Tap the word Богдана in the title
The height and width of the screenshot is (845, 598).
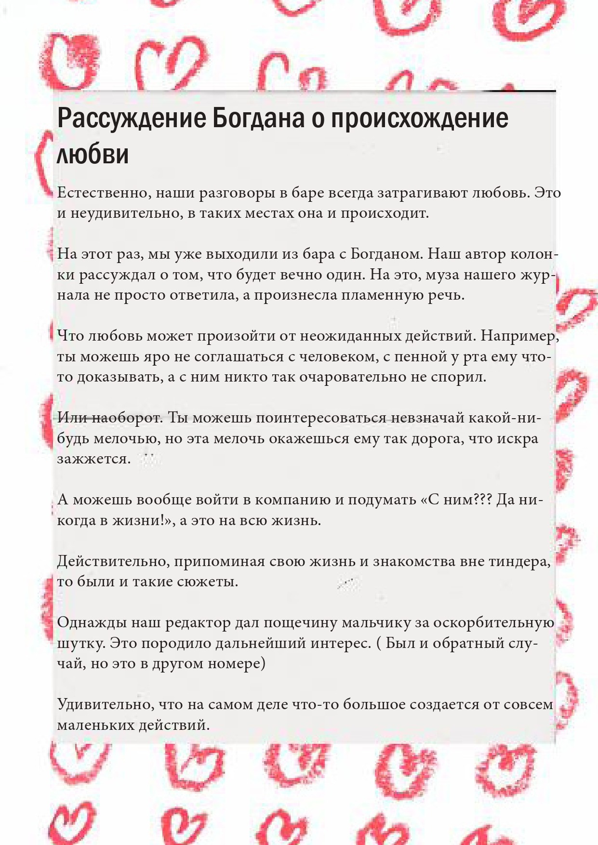258,119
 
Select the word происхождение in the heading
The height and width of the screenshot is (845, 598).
419,119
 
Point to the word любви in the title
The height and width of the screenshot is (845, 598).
93,154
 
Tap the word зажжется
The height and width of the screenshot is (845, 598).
93,459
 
